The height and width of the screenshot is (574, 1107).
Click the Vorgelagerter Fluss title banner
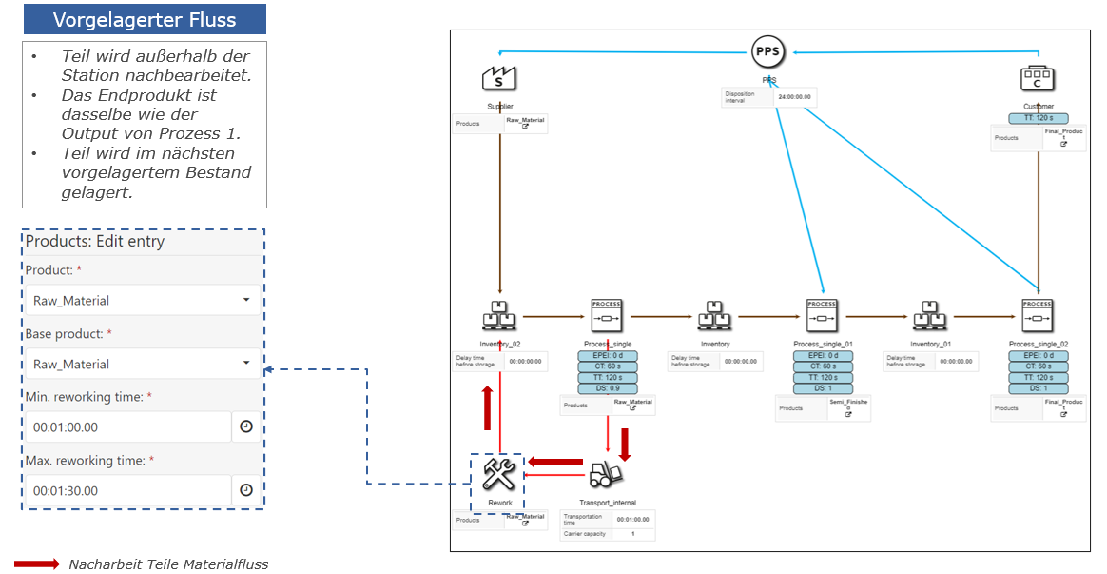coord(145,19)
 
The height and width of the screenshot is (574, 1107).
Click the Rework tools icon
coord(498,472)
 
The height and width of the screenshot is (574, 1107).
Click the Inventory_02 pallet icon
coord(499,315)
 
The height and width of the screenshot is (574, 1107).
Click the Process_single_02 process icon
coord(1038,315)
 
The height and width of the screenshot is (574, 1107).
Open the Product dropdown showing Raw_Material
coord(142,301)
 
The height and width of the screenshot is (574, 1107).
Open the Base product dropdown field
coord(142,364)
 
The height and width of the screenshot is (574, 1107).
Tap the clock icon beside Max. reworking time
coord(246,490)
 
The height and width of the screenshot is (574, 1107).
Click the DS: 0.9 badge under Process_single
coord(607,388)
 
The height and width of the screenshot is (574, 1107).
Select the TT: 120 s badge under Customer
coord(1038,118)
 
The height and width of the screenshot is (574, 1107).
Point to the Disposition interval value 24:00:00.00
coord(795,97)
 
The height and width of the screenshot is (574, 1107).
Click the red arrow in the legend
coord(37,564)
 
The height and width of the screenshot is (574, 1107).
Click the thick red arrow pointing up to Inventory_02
coord(487,407)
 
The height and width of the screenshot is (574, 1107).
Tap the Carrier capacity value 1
coord(633,533)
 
